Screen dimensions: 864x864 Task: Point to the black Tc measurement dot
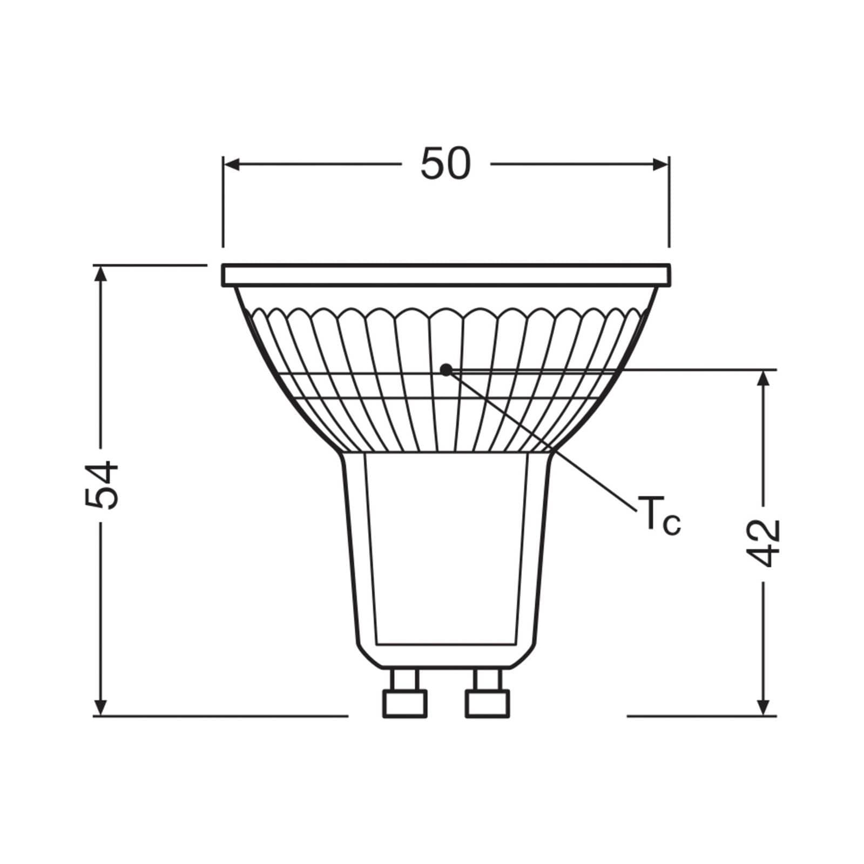(x=446, y=370)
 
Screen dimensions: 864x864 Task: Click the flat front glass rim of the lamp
(x=446, y=275)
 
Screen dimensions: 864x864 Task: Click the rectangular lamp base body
(x=446, y=551)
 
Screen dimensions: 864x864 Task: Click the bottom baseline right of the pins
(x=702, y=716)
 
